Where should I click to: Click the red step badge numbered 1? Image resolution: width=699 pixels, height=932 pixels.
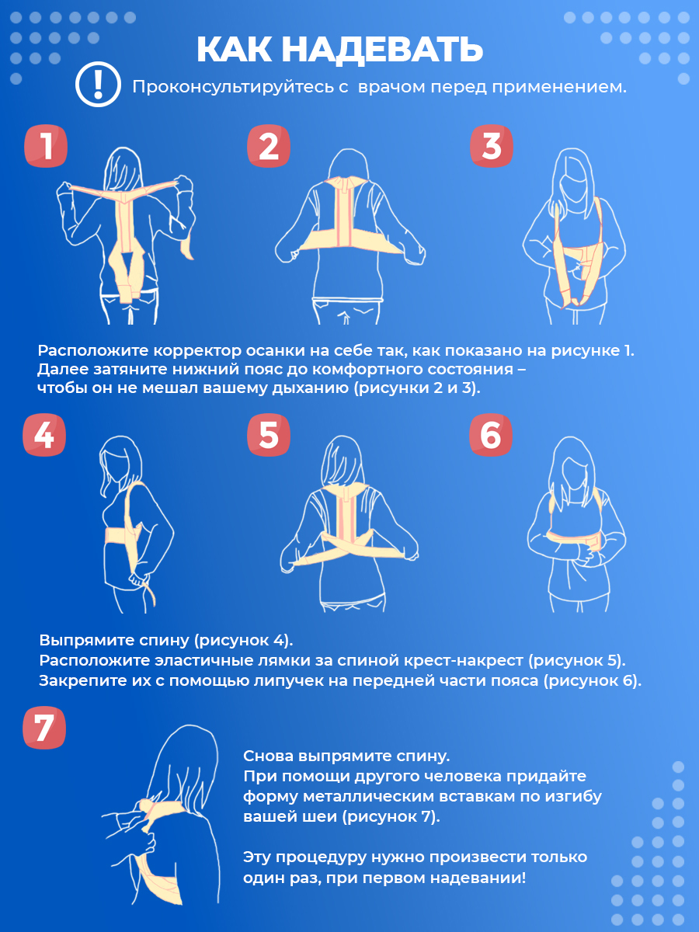pos(46,146)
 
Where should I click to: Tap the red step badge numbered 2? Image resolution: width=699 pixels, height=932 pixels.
pos(269,146)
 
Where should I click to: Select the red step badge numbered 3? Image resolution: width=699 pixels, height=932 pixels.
pos(492,146)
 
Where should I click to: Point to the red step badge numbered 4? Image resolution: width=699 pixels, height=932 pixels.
pos(44,435)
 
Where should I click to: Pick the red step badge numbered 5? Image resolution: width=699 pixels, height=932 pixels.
pos(269,435)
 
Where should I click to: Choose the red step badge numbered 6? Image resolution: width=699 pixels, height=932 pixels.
pos(491,435)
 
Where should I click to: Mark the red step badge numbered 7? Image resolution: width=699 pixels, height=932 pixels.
pos(44,727)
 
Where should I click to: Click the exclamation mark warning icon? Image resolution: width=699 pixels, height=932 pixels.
pos(98,84)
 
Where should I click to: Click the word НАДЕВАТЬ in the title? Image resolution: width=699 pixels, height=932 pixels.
pos(382,50)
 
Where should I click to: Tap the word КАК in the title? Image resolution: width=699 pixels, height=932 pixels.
pos(234,50)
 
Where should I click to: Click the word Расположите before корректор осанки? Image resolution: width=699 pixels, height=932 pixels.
pos(92,351)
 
